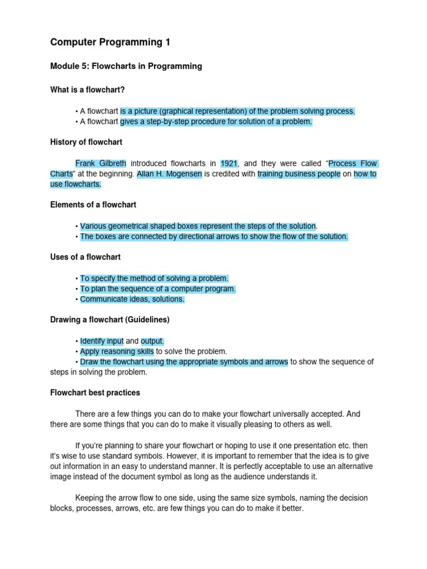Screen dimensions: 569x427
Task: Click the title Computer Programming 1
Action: coord(110,42)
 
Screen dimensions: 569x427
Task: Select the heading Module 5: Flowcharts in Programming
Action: coord(126,66)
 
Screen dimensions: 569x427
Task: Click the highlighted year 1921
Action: coord(229,163)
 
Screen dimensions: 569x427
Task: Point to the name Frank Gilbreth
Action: coord(101,163)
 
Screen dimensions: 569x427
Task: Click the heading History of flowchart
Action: coord(86,142)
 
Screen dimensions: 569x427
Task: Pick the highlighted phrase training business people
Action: coord(299,174)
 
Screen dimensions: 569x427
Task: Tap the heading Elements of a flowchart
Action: coord(93,205)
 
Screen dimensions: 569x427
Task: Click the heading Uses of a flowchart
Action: coord(85,257)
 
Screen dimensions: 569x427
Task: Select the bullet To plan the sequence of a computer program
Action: coord(158,289)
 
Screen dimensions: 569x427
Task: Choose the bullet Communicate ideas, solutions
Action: coord(132,299)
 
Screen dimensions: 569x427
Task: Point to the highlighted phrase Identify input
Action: coord(102,341)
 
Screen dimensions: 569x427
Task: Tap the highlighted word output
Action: coord(152,341)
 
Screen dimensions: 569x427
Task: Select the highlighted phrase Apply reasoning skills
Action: coord(117,351)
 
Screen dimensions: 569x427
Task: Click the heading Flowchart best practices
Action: coord(95,393)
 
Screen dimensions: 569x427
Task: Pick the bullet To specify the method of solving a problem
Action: coord(154,278)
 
